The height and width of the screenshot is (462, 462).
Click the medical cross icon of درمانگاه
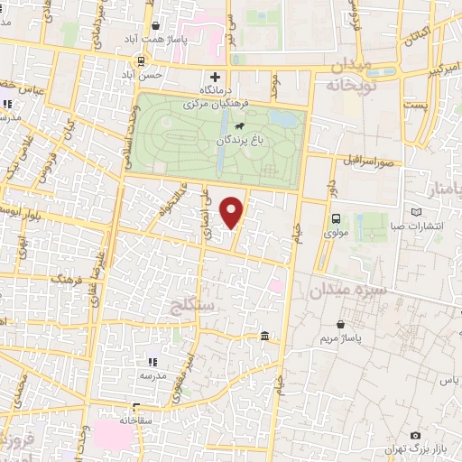pos(214,78)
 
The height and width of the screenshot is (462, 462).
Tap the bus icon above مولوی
pos(336,217)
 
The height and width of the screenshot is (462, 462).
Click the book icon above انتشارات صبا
pos(416,212)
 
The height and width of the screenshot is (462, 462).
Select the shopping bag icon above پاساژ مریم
pos(340,323)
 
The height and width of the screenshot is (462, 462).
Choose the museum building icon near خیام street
pos(263,337)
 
